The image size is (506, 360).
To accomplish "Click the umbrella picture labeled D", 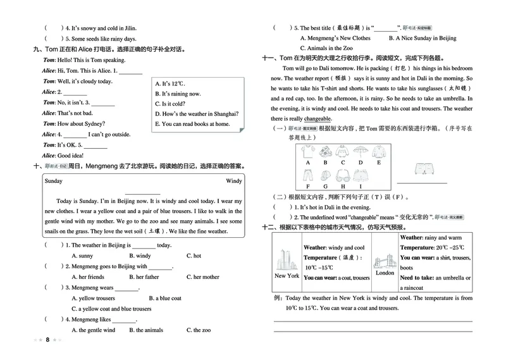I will coord(360,152).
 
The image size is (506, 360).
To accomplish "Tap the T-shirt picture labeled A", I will coord(307,152).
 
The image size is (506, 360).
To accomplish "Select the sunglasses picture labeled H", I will coord(342,175).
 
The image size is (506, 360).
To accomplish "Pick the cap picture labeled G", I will coord(325,175).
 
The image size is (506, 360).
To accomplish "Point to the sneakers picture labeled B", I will coord(325,152).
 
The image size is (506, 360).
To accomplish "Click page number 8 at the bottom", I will coord(47,340).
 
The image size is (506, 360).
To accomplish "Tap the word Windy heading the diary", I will coord(233,180).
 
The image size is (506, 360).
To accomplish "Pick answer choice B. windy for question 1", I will coord(140,256).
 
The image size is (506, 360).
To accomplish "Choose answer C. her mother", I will coord(203,277).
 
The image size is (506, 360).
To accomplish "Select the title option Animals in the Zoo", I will coord(325,48).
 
